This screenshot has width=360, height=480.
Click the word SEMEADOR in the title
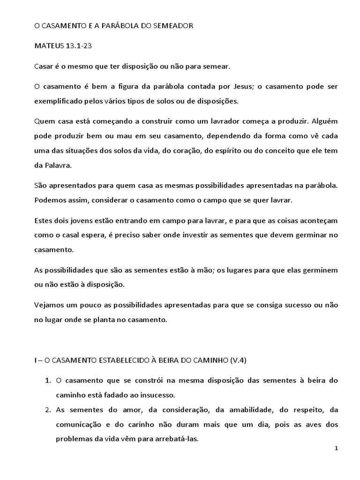point(171,27)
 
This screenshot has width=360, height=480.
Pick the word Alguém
point(323,121)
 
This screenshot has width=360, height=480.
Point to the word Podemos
point(50,200)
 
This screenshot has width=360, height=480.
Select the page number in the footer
point(336,449)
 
